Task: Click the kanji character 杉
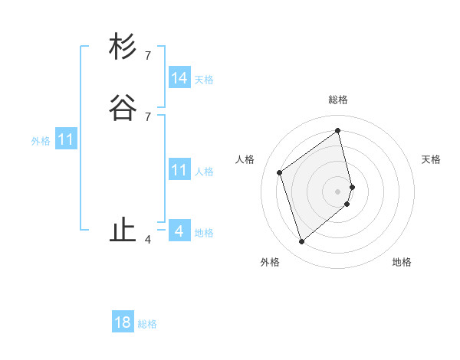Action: coord(123,47)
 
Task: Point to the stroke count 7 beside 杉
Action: coord(148,56)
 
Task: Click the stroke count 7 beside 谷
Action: coord(148,116)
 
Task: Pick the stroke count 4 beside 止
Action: coord(148,240)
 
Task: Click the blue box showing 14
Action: coord(179,78)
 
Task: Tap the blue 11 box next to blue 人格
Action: coord(179,170)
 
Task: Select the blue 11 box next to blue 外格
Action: coord(66,140)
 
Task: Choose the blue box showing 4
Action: coord(179,231)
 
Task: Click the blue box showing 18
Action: coord(123,322)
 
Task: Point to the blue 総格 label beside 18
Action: coord(147,324)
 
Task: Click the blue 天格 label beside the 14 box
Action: coord(204,80)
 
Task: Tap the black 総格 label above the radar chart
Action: coord(338,100)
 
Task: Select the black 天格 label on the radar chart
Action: coord(431,159)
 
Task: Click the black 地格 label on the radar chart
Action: coord(402,262)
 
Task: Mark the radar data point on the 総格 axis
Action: coord(338,130)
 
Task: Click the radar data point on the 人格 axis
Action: coord(280,172)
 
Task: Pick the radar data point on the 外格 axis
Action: coord(301,242)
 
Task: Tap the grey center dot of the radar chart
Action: coord(338,191)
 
